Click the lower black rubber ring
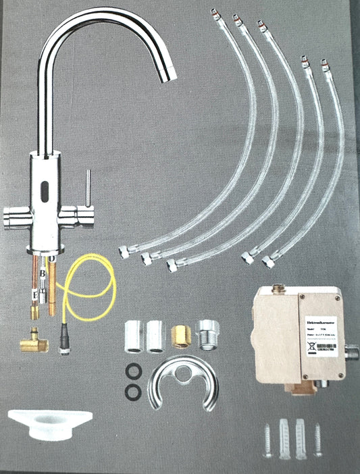134,391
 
